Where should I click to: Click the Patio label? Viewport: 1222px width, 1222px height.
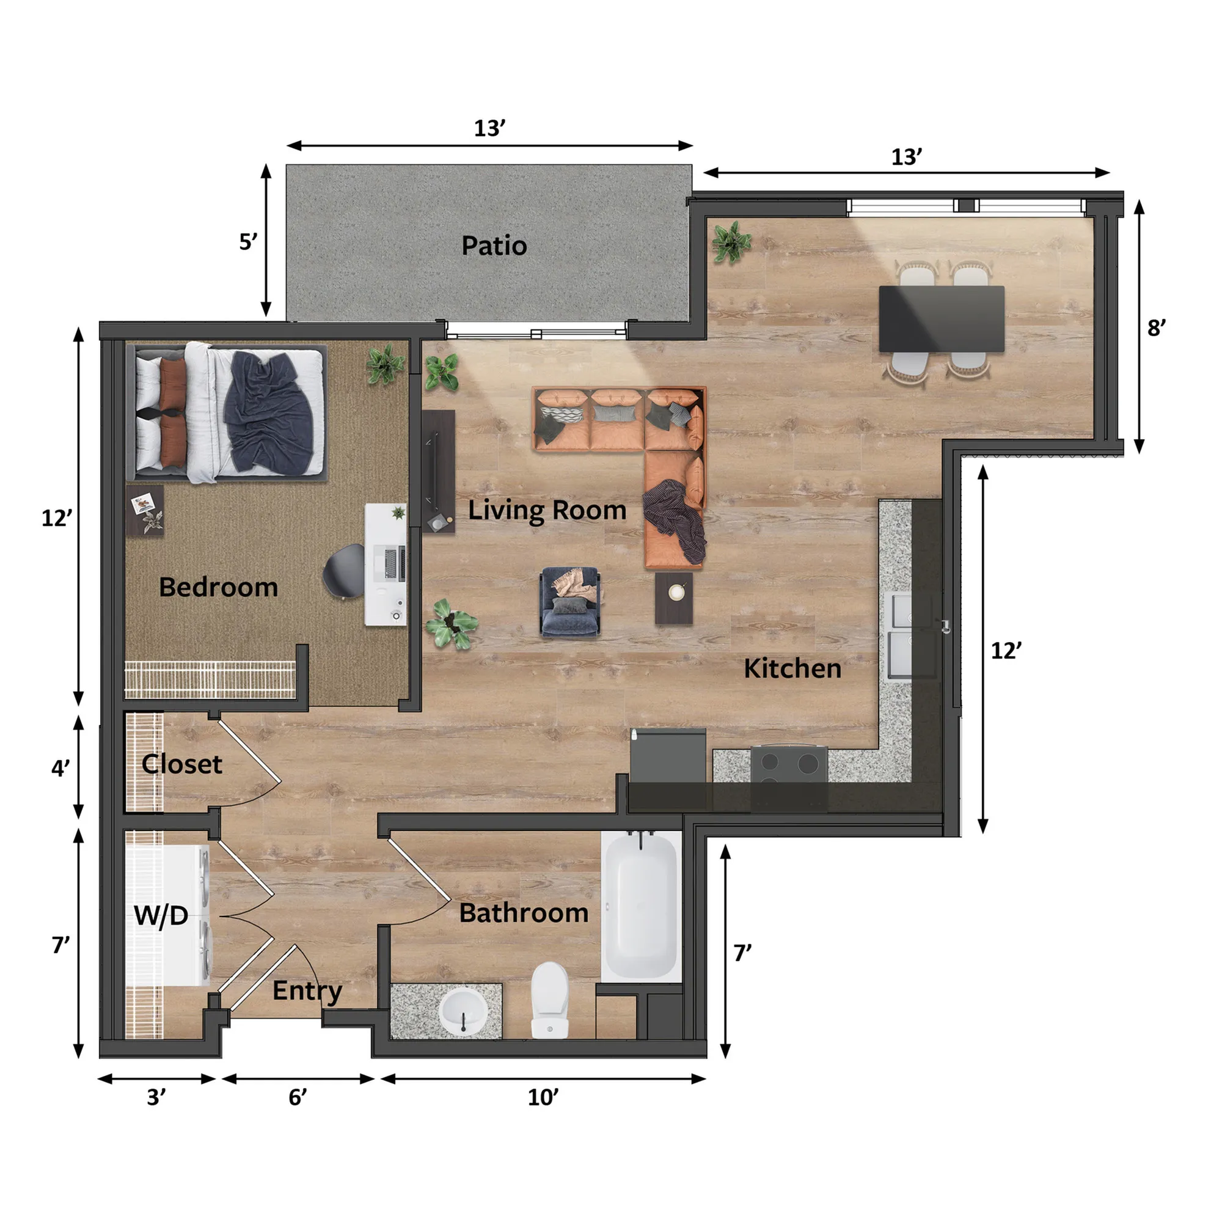[494, 246]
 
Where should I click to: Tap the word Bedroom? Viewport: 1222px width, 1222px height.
[218, 587]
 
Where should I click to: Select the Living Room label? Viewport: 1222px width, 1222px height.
[547, 510]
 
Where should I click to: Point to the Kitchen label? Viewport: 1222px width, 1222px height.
[792, 668]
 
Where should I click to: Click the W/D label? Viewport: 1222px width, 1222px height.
[161, 915]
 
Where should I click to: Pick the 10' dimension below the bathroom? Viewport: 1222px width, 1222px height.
[543, 1097]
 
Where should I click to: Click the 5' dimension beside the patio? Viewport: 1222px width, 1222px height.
[248, 241]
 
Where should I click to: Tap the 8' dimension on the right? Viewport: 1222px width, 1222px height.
[1156, 327]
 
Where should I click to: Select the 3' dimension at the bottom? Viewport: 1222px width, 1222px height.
[156, 1097]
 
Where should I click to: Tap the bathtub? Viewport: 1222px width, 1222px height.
[641, 906]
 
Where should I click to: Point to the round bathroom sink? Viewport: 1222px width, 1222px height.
[464, 1012]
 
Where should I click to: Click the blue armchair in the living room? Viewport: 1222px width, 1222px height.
[570, 601]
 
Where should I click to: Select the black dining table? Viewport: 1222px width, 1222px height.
[941, 319]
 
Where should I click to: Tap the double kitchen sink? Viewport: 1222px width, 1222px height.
[909, 635]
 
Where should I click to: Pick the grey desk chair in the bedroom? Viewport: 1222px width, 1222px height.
[345, 571]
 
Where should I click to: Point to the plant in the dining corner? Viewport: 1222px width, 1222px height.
[731, 242]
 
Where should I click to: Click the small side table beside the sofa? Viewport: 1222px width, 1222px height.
[673, 598]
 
